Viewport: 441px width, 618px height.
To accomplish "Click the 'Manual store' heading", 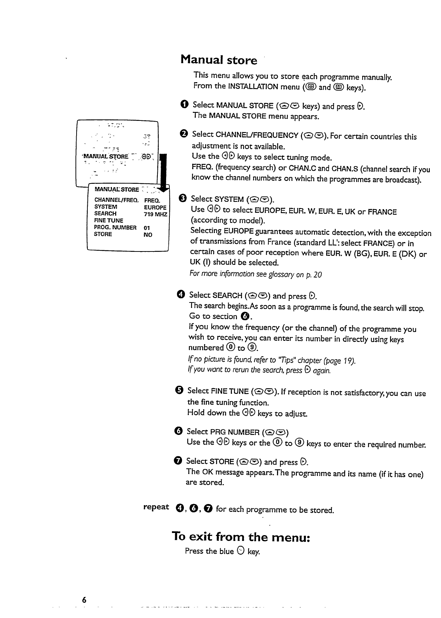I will [219, 60].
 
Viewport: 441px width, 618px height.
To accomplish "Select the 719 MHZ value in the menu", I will [155, 214].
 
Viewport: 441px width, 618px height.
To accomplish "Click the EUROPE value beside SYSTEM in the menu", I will [155, 207].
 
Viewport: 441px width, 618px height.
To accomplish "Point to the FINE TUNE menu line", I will [108, 220].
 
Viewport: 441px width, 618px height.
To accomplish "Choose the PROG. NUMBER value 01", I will [147, 228].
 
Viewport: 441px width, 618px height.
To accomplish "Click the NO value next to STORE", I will [148, 235].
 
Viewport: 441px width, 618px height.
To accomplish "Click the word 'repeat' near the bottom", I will [156, 507].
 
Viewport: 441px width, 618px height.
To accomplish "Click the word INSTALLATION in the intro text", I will [253, 87].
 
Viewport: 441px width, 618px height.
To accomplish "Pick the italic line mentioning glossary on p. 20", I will [255, 274].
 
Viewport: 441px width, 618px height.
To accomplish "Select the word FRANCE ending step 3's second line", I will [382, 212].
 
